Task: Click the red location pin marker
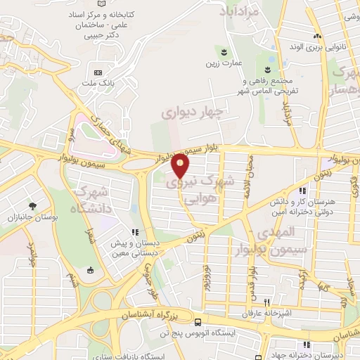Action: click(181, 166)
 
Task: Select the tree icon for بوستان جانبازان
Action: click(32, 206)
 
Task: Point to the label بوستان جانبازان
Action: click(32, 219)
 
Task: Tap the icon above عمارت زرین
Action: click(224, 52)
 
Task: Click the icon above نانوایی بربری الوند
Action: click(317, 37)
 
